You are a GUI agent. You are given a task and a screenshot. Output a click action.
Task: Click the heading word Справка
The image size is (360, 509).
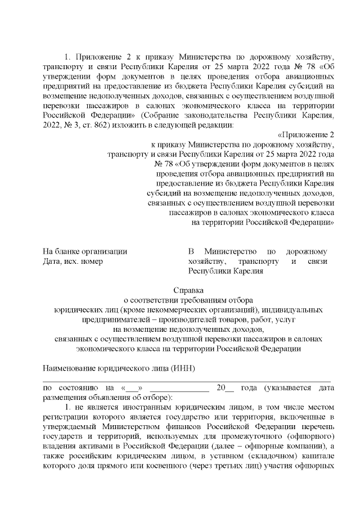(x=188, y=291)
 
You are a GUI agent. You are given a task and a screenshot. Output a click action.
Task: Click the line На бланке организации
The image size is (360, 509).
(x=85, y=251)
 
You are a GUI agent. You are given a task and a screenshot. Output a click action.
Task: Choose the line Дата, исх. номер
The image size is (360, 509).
(x=73, y=261)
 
